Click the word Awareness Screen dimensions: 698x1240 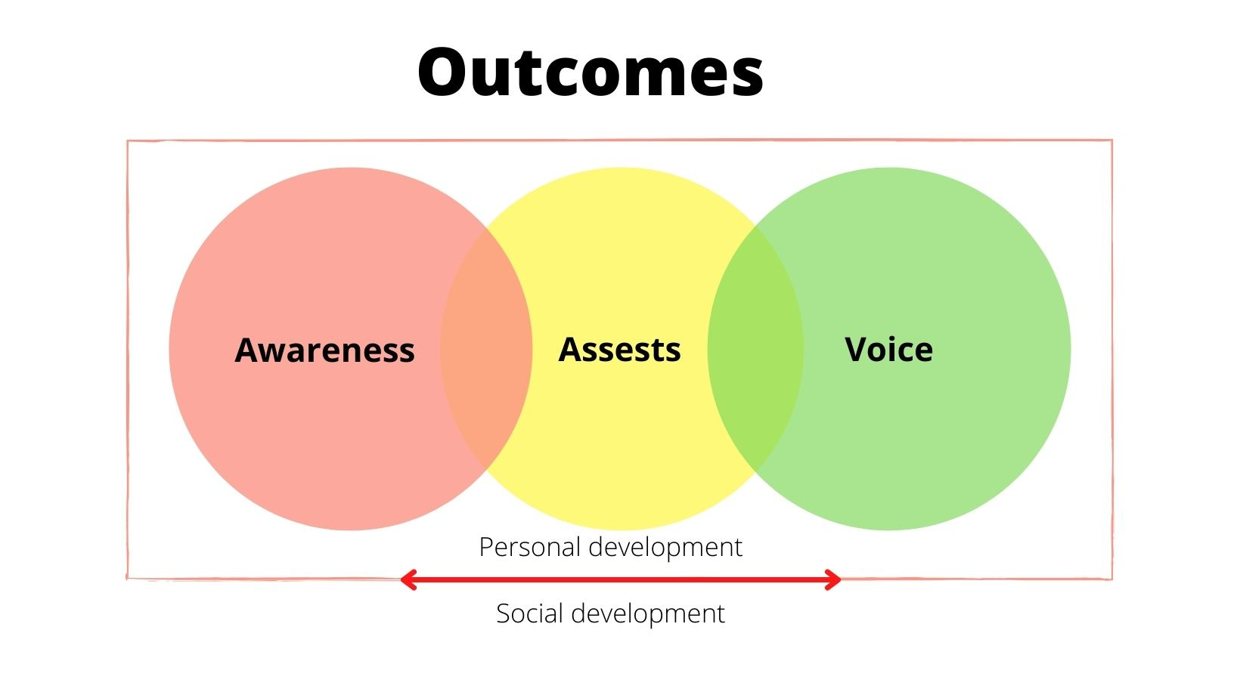pyautogui.click(x=324, y=351)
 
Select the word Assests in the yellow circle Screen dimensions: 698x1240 pyautogui.click(x=619, y=350)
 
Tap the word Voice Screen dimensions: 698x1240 pyautogui.click(x=888, y=350)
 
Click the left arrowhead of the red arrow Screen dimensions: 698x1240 pyautogui.click(x=407, y=580)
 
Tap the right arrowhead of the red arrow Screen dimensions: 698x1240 pyautogui.click(x=835, y=580)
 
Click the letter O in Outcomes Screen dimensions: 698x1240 pyautogui.click(x=446, y=73)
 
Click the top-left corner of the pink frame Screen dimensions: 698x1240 pyautogui.click(x=128, y=141)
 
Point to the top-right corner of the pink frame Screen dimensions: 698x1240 pyautogui.click(x=1111, y=141)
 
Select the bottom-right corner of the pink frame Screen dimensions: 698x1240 pyautogui.click(x=1111, y=579)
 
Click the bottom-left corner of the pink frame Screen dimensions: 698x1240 pyautogui.click(x=128, y=579)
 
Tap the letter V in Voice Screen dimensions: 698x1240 pyautogui.click(x=858, y=350)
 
